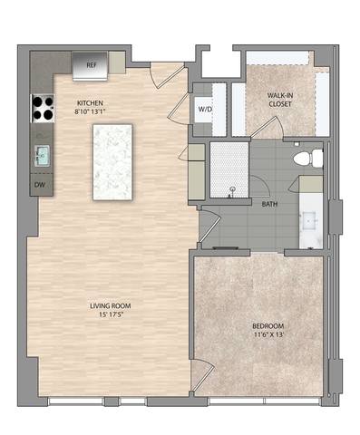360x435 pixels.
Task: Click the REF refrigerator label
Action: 91,65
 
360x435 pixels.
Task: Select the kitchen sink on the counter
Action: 42,155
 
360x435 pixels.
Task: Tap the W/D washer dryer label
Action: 205,111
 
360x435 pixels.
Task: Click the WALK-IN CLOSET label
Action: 278,100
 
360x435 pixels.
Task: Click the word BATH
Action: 269,204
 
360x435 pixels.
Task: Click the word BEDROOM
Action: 268,326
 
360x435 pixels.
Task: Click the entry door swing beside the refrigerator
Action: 166,76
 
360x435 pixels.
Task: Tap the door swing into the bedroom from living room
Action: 203,373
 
